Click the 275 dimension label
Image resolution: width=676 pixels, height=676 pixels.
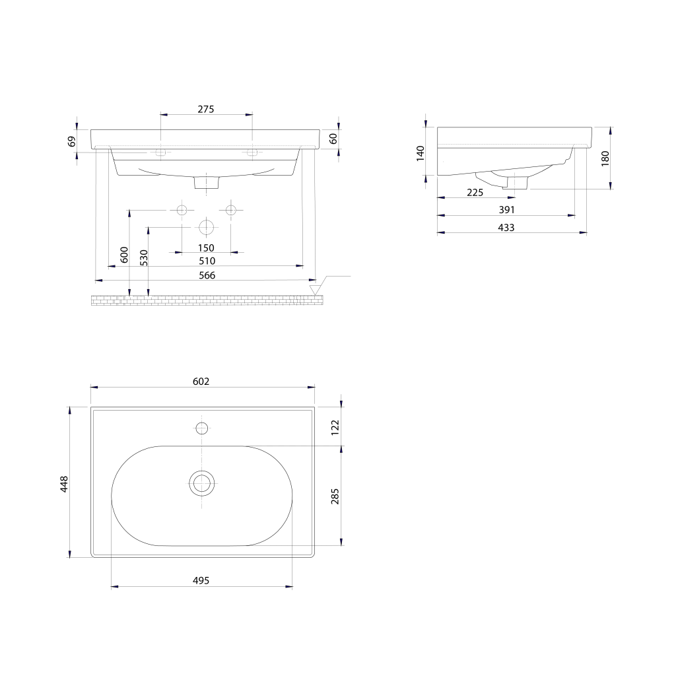point(206,109)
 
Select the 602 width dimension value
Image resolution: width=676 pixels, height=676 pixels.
point(201,381)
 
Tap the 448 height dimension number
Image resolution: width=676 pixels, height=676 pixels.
point(64,484)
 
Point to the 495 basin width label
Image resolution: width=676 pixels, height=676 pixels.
point(201,580)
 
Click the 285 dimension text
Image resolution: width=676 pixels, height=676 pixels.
point(335,496)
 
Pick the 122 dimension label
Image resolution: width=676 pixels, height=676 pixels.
point(335,427)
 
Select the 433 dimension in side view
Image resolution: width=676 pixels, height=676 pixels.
point(506,227)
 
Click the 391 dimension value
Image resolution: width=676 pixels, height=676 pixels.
point(507,209)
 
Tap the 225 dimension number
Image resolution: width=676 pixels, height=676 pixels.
point(475,192)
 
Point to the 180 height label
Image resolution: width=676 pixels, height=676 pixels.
point(605,158)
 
